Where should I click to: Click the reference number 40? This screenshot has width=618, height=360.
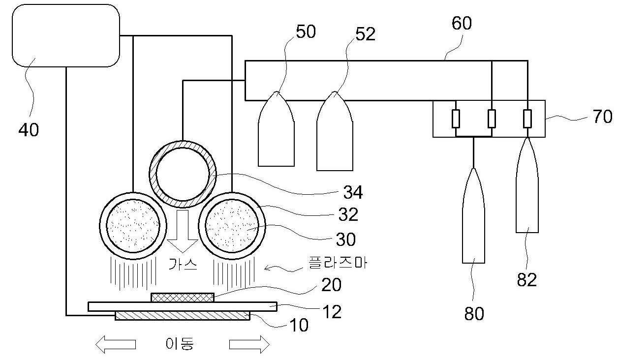point(29,130)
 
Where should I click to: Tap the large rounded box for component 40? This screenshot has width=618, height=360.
point(66,35)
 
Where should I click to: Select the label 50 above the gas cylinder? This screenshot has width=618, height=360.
point(306,31)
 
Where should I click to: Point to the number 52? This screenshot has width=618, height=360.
point(365,34)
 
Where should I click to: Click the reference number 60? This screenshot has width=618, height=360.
point(462,23)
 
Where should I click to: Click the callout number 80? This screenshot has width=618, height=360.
point(474,314)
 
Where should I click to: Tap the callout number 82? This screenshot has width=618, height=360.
point(526,279)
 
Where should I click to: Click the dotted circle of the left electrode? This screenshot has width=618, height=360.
point(133,226)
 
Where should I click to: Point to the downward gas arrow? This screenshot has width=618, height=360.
point(183,231)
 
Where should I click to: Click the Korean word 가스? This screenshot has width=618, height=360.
point(183,264)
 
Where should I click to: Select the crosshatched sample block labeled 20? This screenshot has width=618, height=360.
point(183,298)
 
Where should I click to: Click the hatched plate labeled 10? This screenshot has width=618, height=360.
point(183,316)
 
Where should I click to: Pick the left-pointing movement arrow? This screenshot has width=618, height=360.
point(116,344)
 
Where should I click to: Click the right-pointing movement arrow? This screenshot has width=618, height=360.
point(249,344)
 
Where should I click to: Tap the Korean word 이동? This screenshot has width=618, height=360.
point(180,344)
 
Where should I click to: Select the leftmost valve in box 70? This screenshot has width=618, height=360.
point(456,119)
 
